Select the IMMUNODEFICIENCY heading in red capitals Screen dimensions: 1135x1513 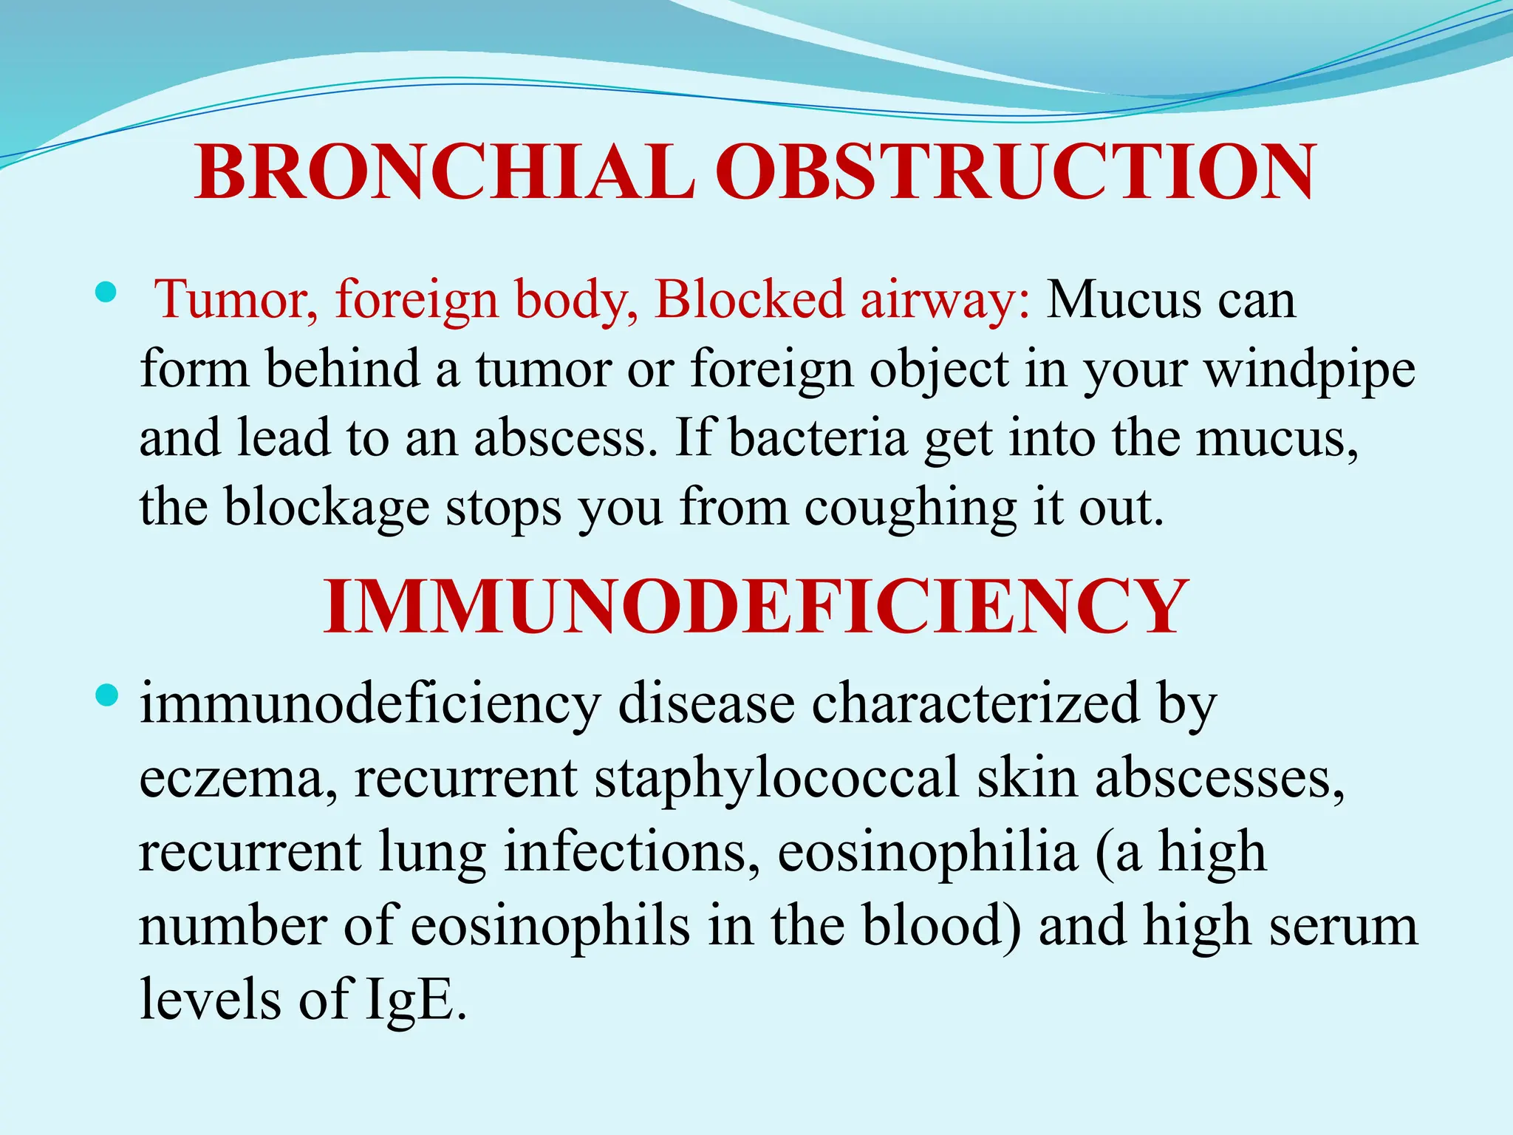tap(755, 607)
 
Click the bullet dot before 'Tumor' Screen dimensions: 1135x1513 tap(106, 293)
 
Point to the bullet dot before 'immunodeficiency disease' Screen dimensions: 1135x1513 tap(106, 695)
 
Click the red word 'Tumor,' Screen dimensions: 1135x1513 tap(236, 300)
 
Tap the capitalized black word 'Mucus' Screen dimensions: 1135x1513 tap(1123, 300)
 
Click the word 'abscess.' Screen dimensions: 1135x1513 tap(565, 438)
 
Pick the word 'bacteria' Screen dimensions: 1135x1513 tap(818, 438)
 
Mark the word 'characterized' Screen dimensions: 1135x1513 tap(975, 703)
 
